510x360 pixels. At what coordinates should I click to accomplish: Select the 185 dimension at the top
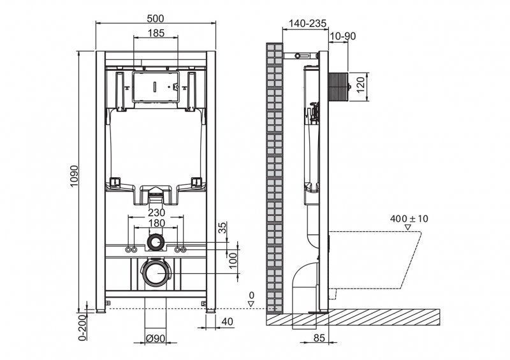point(156,32)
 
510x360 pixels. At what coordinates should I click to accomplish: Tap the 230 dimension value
point(157,212)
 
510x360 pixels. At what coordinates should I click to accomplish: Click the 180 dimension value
point(157,224)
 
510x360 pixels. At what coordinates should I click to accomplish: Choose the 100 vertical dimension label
point(234,259)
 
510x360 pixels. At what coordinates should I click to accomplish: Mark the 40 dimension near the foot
point(228,323)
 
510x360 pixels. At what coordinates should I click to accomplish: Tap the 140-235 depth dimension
point(307,23)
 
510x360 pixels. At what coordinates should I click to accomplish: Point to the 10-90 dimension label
point(343,36)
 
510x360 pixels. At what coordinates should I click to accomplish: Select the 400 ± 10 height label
point(409,219)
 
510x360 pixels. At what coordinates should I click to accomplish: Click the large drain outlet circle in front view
point(156,273)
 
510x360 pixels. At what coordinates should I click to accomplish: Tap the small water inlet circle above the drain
point(156,241)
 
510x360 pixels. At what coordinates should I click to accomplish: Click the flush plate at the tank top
point(156,86)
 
